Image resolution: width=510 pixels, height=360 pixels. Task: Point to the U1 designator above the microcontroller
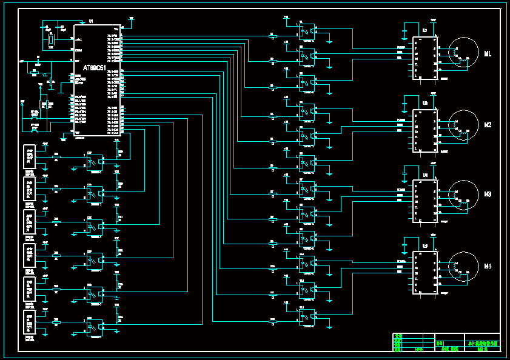pyautogui.click(x=91, y=22)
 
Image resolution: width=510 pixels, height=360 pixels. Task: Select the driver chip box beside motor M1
pyautogui.click(x=424, y=58)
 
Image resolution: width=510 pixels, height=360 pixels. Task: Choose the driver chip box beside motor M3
pyautogui.click(x=424, y=201)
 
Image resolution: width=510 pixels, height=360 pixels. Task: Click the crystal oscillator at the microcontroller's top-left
pyautogui.click(x=51, y=41)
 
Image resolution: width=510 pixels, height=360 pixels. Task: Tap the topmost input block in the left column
pyautogui.click(x=29, y=156)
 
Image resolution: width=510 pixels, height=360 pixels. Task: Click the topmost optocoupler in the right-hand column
pyautogui.click(x=307, y=30)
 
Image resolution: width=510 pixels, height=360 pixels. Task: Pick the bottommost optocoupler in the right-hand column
pyautogui.click(x=307, y=318)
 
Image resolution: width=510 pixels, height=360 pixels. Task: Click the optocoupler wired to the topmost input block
pyautogui.click(x=94, y=162)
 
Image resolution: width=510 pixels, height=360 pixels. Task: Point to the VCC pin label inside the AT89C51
pyautogui.click(x=116, y=29)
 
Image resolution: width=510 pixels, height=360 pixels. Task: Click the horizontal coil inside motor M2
pyautogui.click(x=464, y=130)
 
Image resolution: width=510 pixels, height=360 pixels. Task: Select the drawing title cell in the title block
pyautogui.click(x=483, y=343)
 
